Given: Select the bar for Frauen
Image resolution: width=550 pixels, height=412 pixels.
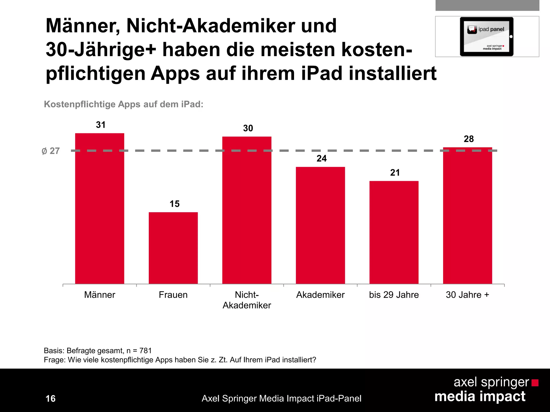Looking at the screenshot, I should click(x=173, y=248).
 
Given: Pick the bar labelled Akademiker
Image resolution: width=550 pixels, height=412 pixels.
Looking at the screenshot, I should click(x=320, y=225).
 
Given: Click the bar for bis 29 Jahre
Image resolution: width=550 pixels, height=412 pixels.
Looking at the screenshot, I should click(x=394, y=232).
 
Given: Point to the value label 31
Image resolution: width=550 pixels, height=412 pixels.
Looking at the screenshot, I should click(x=101, y=125).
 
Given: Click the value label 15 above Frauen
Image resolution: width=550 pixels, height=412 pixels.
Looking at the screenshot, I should click(x=175, y=204).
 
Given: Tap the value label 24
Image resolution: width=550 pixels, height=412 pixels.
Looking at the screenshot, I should click(x=321, y=159).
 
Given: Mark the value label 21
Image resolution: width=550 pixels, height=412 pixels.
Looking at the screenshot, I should click(x=395, y=172).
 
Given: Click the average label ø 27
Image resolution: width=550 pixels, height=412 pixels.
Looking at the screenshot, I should click(x=51, y=151).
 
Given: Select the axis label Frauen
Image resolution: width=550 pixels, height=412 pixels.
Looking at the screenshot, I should click(x=173, y=295).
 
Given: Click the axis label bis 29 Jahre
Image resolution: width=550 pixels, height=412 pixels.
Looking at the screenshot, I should click(x=394, y=295).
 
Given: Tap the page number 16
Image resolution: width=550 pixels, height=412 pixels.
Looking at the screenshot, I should click(x=50, y=399).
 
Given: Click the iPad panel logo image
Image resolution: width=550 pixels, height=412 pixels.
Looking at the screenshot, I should click(x=487, y=36).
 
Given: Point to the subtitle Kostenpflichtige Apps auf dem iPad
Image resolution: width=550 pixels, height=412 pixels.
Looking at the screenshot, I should click(x=124, y=104).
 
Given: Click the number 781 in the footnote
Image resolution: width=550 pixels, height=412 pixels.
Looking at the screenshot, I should click(x=146, y=351).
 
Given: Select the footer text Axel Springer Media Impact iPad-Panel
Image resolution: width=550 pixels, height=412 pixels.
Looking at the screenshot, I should click(x=281, y=399).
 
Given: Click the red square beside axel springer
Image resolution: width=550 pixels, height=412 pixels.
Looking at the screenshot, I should click(x=535, y=383).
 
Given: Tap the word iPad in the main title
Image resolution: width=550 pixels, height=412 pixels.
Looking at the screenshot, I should click(x=321, y=73).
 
